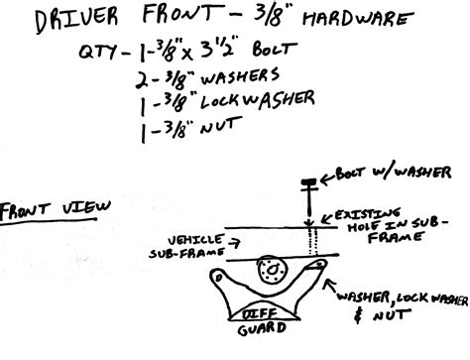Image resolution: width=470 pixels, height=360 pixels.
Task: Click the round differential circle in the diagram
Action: pyautogui.click(x=268, y=270)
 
